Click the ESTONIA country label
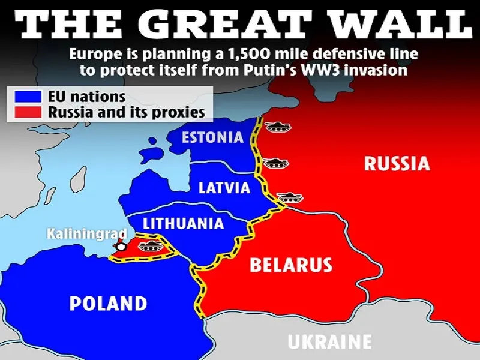tap(213, 137)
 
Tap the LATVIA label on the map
tap(224, 188)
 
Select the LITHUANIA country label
tap(183, 223)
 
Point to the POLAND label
tap(108, 303)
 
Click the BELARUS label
tap(291, 265)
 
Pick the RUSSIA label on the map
tap(397, 163)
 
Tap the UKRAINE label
tap(329, 342)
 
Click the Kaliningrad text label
tap(87, 233)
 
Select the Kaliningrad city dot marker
tap(121, 246)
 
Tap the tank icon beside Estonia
tap(277, 127)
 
